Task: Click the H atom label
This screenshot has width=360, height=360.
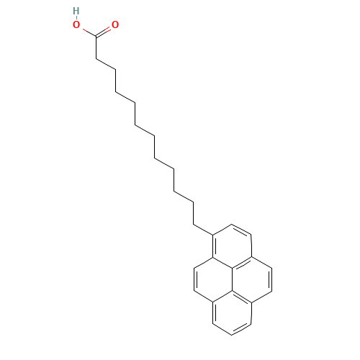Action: (76, 11)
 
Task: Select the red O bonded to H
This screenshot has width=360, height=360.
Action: (76, 24)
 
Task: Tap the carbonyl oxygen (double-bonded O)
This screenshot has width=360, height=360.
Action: (115, 24)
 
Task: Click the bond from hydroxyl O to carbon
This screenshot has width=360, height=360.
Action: (87, 31)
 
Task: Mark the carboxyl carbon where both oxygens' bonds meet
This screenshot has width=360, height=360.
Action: (96, 35)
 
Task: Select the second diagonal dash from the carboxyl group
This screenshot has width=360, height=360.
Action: (125, 95)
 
